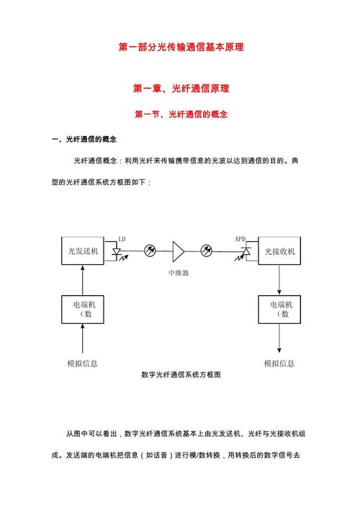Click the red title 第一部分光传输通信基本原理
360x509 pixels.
[x=181, y=47]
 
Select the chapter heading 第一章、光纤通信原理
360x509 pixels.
[x=181, y=89]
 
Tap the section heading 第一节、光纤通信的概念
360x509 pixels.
[x=181, y=114]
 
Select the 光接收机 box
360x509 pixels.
[x=279, y=251]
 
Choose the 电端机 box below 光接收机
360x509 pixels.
[x=279, y=309]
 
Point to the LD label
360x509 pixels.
[x=122, y=238]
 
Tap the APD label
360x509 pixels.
[x=240, y=238]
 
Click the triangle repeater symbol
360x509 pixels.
[x=177, y=251]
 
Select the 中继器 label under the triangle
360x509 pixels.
[x=179, y=273]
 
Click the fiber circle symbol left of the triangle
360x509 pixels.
[x=150, y=251]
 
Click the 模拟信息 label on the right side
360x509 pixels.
[x=279, y=364]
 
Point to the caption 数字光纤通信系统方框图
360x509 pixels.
[x=181, y=375]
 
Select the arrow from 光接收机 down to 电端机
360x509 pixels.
[x=279, y=280]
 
